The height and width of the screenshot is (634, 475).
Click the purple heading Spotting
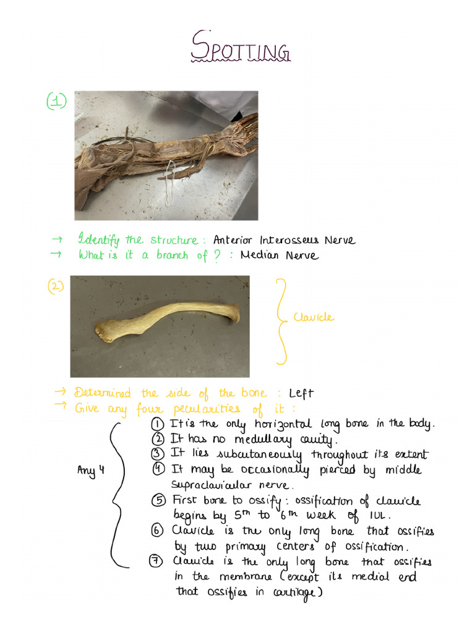click(240, 48)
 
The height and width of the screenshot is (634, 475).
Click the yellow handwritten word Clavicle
click(314, 318)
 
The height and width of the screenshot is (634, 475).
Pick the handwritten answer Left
click(301, 394)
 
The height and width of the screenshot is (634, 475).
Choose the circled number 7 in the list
click(157, 562)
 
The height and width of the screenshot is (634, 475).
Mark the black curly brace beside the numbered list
click(116, 492)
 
